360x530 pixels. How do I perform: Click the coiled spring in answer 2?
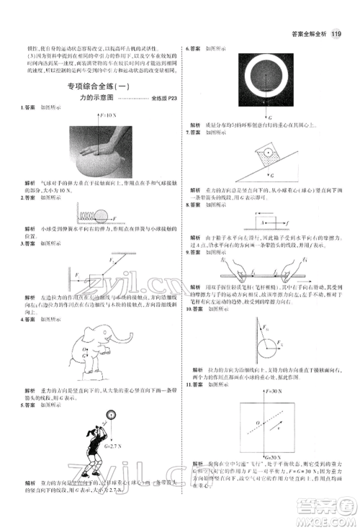tap(83, 215)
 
